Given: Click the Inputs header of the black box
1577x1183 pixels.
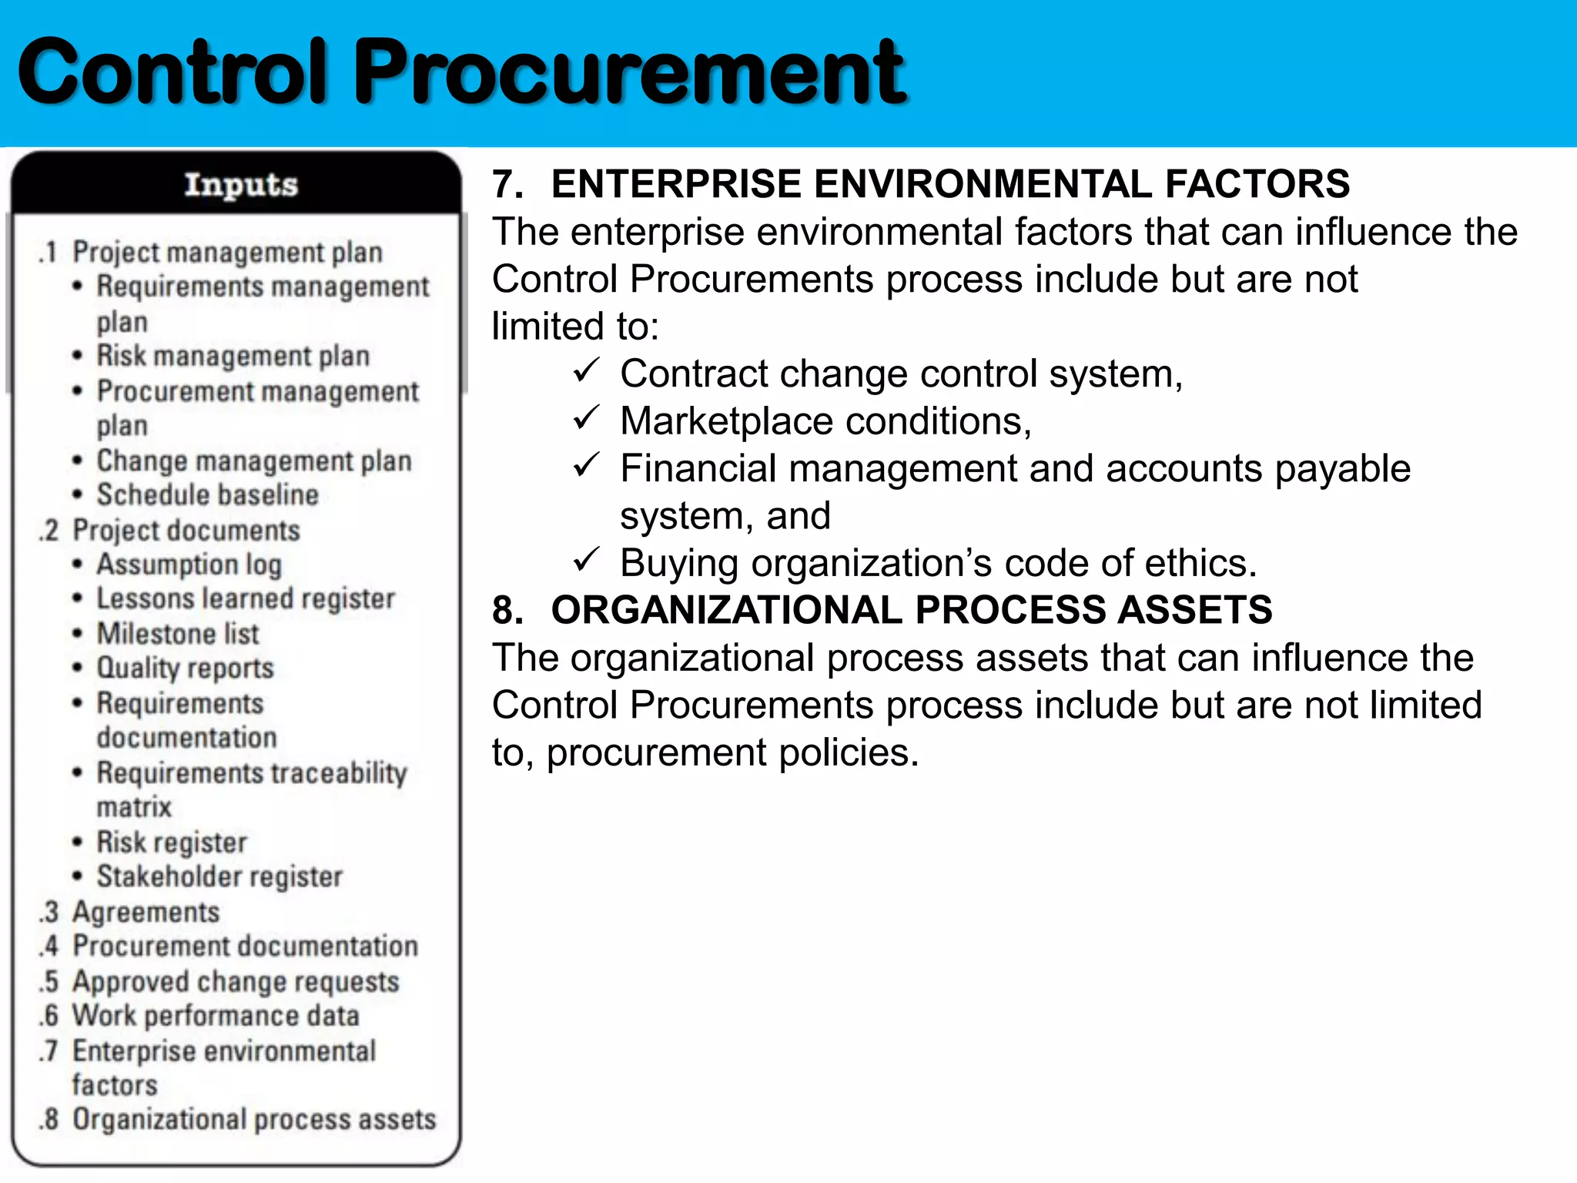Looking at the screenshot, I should (240, 185).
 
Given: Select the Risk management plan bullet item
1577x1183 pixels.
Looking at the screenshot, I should (233, 356).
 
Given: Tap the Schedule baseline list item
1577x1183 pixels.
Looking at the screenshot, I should (207, 494).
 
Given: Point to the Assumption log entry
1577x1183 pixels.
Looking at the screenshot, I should (189, 565).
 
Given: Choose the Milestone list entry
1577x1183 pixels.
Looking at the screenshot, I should (177, 634).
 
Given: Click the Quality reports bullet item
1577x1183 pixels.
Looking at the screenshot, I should (185, 668).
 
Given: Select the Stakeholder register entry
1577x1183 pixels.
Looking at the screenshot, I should (219, 876).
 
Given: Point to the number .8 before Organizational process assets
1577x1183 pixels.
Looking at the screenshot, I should (49, 1120).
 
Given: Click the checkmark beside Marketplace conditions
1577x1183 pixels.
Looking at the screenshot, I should (586, 418).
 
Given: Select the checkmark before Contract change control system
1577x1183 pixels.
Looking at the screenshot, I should (586, 371).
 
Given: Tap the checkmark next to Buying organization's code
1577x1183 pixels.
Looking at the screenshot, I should (586, 560).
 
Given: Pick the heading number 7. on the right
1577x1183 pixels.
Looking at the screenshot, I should (507, 185).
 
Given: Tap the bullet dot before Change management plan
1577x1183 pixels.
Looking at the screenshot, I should (77, 461).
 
